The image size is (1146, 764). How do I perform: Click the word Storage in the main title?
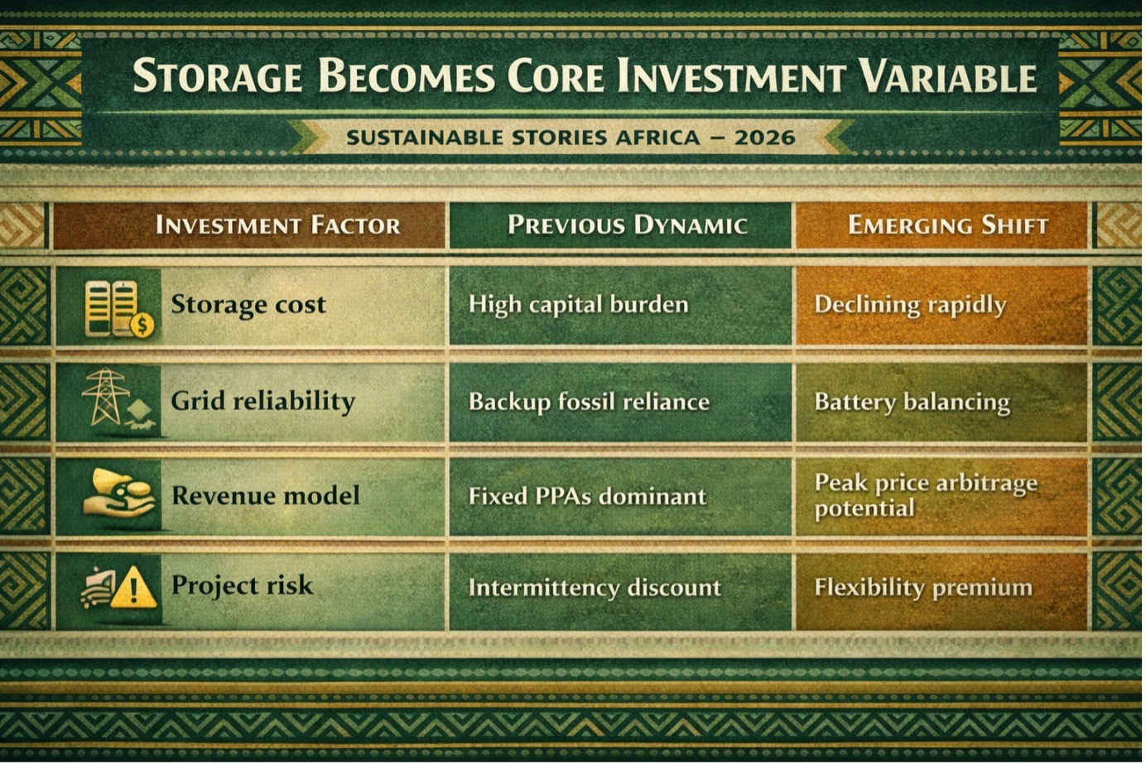(x=218, y=75)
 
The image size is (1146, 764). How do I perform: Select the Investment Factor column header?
(x=277, y=225)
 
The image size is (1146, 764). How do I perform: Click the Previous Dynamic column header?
(x=627, y=225)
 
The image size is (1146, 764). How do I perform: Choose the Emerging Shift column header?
(x=948, y=225)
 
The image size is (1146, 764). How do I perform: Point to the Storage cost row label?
(x=248, y=305)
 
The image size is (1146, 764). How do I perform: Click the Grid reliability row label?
(x=263, y=401)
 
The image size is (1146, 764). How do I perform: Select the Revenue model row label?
(x=266, y=496)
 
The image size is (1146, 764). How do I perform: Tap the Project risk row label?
(x=242, y=585)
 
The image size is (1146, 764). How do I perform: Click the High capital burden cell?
(x=579, y=305)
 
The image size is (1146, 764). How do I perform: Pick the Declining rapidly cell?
(x=910, y=305)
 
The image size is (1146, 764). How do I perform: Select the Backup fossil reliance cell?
(x=589, y=401)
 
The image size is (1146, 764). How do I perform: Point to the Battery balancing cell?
(x=912, y=403)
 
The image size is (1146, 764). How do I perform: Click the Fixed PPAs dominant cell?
(x=587, y=496)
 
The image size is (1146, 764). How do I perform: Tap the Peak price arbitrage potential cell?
(x=926, y=496)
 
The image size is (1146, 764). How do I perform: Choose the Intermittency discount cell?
(x=595, y=588)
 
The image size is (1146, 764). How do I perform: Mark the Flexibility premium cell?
(x=923, y=588)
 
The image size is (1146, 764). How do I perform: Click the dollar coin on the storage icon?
(x=142, y=325)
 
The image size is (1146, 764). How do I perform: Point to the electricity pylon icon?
(x=106, y=396)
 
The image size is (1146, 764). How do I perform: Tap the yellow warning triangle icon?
(x=133, y=588)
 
